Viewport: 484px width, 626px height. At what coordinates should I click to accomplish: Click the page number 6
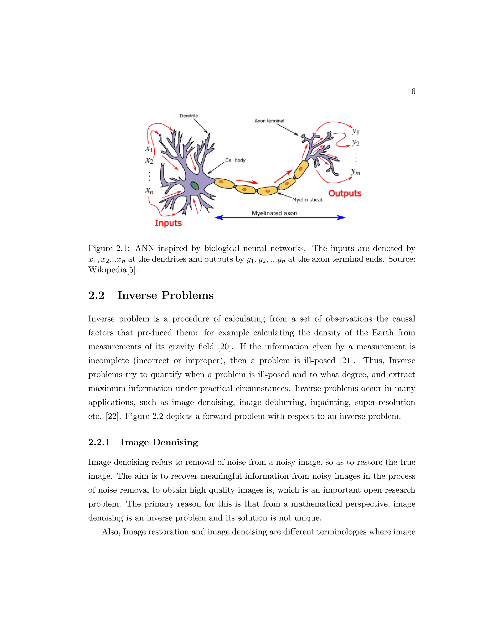413,91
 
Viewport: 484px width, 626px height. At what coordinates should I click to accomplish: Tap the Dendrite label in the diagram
189,116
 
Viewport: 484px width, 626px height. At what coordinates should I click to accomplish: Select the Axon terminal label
269,121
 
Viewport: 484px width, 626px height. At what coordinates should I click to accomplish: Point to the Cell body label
235,160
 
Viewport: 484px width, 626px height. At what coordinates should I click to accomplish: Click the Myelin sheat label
307,200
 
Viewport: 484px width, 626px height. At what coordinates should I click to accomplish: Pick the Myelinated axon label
274,213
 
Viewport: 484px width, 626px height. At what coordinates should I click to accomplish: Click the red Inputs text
168,223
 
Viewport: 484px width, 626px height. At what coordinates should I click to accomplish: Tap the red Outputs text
345,193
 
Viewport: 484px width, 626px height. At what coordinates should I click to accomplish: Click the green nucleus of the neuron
195,186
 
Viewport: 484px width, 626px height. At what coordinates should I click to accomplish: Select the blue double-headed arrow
280,218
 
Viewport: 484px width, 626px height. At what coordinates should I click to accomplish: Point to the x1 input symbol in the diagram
149,149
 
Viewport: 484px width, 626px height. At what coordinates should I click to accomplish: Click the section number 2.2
96,296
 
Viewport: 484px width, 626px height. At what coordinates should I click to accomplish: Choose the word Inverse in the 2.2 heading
137,296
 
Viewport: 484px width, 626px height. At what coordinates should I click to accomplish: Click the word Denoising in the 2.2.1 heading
175,442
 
